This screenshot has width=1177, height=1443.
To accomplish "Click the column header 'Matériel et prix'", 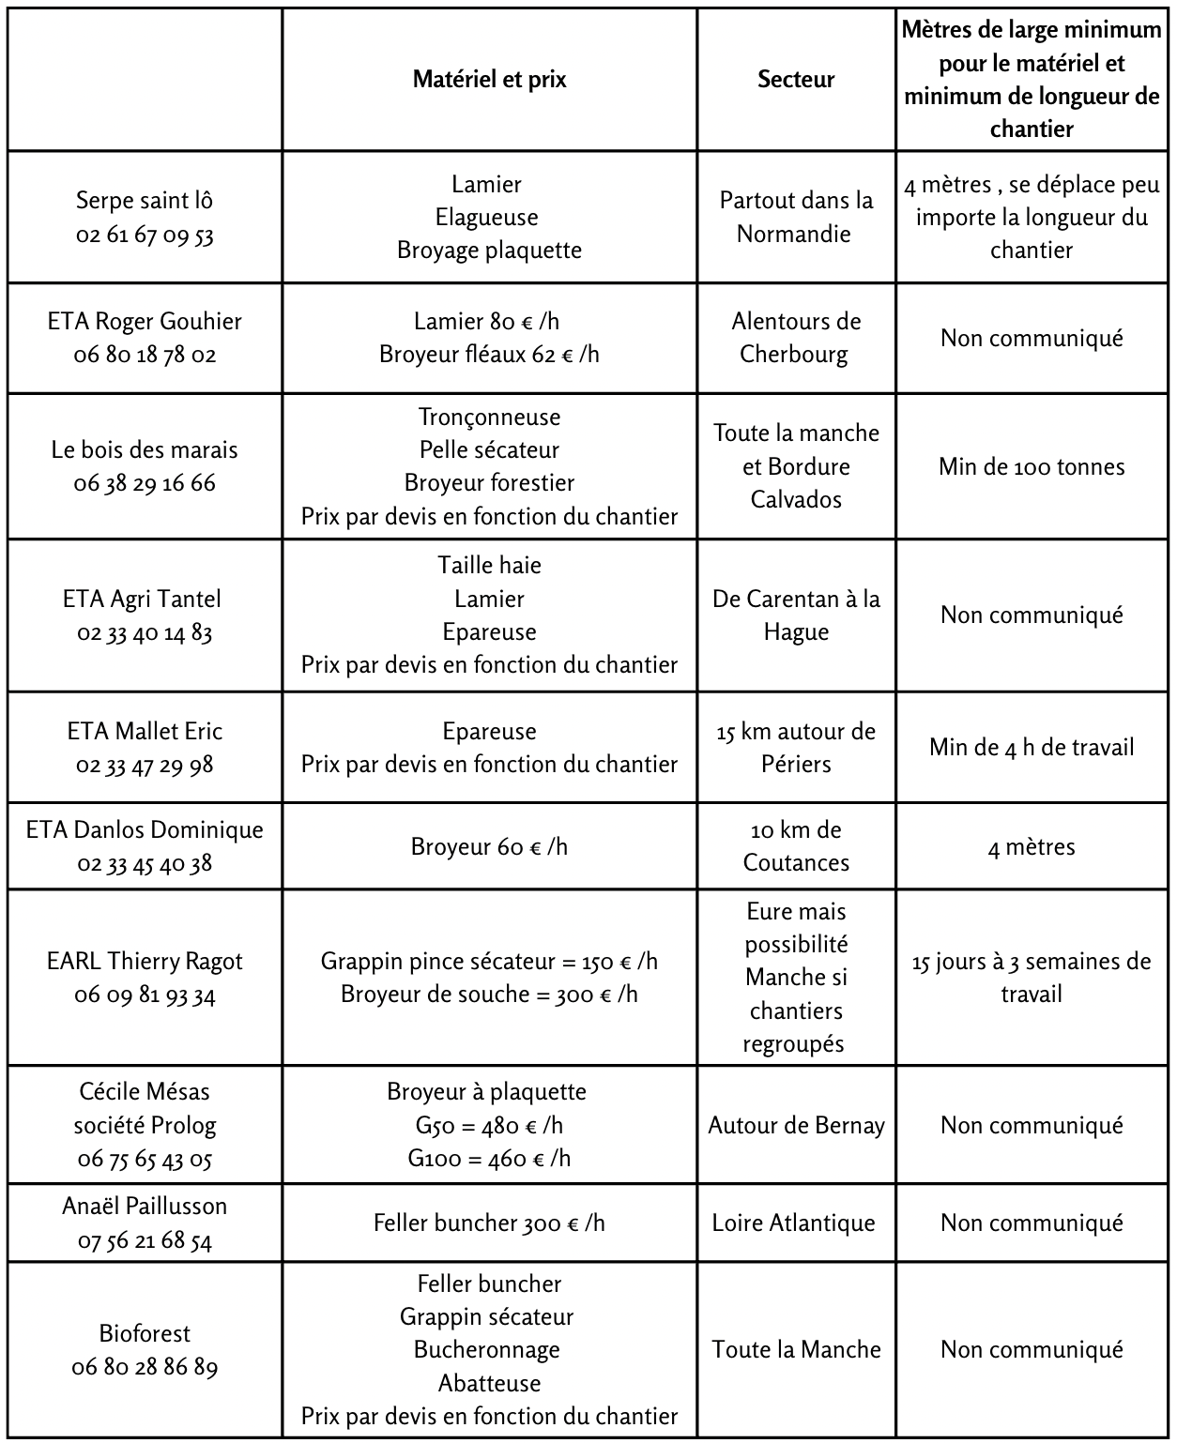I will [x=489, y=80].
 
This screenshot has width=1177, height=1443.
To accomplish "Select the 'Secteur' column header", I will [x=796, y=80].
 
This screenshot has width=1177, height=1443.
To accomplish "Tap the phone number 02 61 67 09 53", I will [x=145, y=235].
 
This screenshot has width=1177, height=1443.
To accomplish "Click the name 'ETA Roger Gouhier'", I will [x=145, y=322].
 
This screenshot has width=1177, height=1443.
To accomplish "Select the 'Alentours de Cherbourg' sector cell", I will [x=796, y=338].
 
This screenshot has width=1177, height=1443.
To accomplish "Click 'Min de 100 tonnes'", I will [x=1032, y=466].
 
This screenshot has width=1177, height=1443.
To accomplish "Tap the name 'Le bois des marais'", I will [x=145, y=449].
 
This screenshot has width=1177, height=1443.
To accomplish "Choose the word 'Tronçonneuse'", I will [x=489, y=417].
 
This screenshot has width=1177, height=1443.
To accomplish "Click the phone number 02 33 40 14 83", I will [x=145, y=632].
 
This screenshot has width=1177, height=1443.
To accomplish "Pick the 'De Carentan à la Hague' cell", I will [x=796, y=615].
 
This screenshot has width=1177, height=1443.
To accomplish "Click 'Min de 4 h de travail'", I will [x=1032, y=747].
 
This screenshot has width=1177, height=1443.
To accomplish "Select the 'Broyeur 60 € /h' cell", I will [x=489, y=846].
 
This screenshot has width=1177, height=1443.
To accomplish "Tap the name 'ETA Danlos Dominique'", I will [x=145, y=830].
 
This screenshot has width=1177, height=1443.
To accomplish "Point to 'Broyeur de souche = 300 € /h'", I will [x=489, y=995].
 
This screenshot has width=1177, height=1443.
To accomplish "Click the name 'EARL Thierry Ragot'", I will [x=145, y=962].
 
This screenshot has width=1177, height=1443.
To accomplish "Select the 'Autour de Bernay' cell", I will [x=796, y=1125].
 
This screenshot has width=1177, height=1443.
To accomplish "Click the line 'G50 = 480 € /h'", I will [x=489, y=1125].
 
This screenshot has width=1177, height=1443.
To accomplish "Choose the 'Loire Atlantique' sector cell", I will [x=793, y=1223].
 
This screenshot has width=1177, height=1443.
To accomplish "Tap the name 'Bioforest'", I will [x=145, y=1333].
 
